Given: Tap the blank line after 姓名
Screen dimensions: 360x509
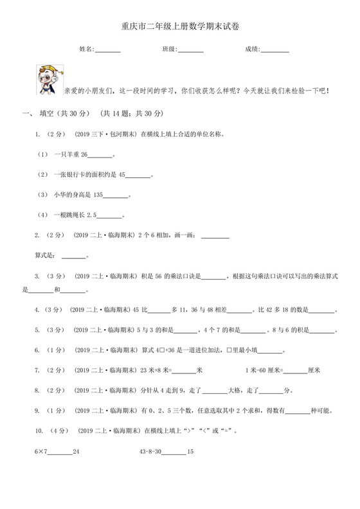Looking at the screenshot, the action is [107, 50].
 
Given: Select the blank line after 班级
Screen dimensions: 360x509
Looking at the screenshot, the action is [190, 50].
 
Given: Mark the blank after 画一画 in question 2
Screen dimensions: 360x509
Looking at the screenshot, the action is [215, 235].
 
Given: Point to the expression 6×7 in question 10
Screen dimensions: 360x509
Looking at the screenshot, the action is [40, 452].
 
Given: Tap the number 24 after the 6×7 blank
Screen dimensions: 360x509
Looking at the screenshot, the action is [76, 452].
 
